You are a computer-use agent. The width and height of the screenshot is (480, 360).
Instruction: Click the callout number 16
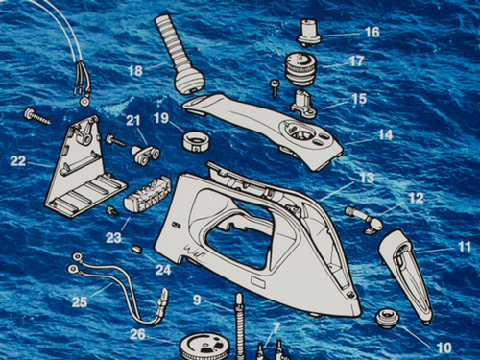pos(372,33)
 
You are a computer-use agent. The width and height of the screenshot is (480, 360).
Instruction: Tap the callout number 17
pos(356,60)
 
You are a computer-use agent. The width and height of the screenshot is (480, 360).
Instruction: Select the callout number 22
pos(19,160)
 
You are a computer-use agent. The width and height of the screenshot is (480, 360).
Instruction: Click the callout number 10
pos(444,347)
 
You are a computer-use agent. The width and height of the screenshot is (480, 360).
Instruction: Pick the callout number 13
pos(367,178)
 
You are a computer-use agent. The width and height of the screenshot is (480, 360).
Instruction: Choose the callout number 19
pos(160,118)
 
